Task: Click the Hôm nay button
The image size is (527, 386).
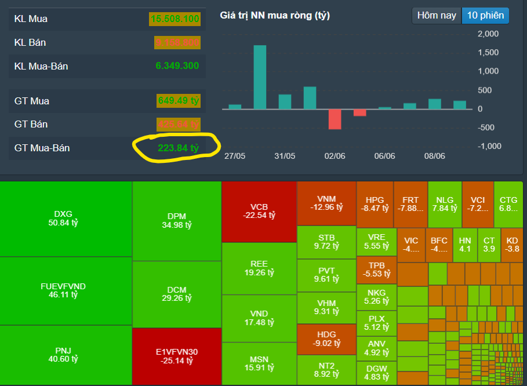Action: pyautogui.click(x=437, y=16)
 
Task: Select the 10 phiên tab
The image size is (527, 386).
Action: pyautogui.click(x=485, y=16)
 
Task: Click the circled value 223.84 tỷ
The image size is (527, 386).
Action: pyautogui.click(x=178, y=148)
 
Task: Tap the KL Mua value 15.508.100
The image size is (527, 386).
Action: pyautogui.click(x=175, y=19)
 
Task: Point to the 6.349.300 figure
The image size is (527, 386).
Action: pyautogui.click(x=177, y=66)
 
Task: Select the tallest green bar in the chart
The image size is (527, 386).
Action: pyautogui.click(x=260, y=77)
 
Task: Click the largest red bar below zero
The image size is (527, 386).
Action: pyautogui.click(x=335, y=119)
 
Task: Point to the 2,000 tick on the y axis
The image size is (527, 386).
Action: pyautogui.click(x=488, y=34)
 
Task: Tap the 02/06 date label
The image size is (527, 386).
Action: pyautogui.click(x=335, y=156)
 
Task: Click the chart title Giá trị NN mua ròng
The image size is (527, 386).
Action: pyautogui.click(x=275, y=16)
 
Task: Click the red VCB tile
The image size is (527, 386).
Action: pyautogui.click(x=259, y=211)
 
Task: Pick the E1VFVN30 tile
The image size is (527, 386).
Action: pyautogui.click(x=177, y=356)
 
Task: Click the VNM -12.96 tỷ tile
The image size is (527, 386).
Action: pyautogui.click(x=326, y=203)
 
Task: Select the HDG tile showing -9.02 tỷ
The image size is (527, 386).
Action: pyautogui.click(x=326, y=339)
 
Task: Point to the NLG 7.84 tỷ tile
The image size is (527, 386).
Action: pyautogui.click(x=445, y=204)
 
